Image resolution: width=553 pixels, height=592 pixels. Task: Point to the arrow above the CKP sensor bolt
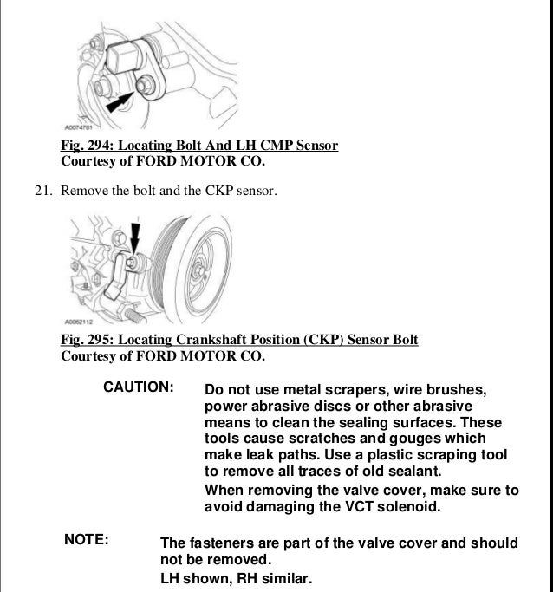point(134,236)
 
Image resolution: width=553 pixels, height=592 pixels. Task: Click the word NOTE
point(87,540)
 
